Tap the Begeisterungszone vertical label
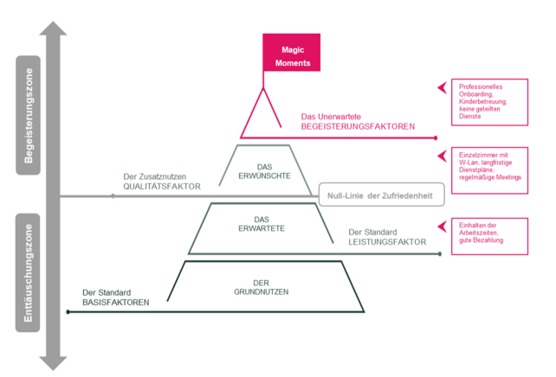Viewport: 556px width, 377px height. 29,116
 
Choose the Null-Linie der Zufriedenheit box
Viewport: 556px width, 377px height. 381,195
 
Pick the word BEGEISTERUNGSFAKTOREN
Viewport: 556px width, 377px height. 357,127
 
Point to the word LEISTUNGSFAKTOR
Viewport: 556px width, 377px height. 386,243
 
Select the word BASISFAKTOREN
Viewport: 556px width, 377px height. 115,303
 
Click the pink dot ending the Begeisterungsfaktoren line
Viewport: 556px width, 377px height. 436,137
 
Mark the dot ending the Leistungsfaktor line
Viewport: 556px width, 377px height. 440,254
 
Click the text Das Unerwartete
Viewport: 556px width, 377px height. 331,117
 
